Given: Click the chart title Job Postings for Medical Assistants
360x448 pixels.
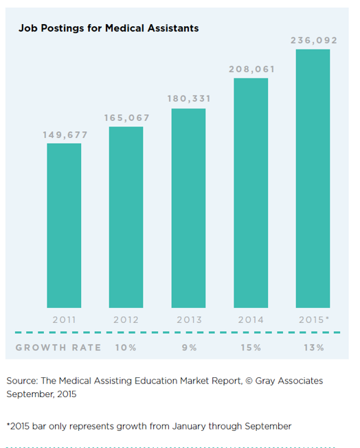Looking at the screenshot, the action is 109,28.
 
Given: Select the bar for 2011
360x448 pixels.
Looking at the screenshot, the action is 64,225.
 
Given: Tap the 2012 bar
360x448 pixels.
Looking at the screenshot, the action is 126,217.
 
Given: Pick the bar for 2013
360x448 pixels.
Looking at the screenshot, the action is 188,208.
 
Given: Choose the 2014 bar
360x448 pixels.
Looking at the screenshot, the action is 251,193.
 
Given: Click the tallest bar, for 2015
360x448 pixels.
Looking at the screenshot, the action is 313,179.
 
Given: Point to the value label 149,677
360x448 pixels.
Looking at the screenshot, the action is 65,135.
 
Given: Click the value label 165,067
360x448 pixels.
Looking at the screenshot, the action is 126,117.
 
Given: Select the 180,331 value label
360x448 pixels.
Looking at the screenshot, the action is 189,98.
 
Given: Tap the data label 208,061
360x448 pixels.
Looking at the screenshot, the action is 251,69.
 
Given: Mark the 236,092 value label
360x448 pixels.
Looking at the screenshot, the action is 314,41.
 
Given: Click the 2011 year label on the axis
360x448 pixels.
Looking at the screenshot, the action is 65,320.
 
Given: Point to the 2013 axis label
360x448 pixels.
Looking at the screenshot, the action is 189,320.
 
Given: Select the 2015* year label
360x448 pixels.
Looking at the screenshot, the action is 314,320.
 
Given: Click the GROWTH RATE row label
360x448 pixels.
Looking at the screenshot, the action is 58,348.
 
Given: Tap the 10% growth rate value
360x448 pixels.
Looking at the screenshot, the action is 126,348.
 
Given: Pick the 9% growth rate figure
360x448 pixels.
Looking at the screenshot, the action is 190,348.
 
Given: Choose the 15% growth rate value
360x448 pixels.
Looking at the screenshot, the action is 251,348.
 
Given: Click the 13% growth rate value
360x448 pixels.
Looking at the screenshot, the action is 314,348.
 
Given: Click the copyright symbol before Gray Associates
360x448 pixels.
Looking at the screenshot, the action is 249,381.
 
